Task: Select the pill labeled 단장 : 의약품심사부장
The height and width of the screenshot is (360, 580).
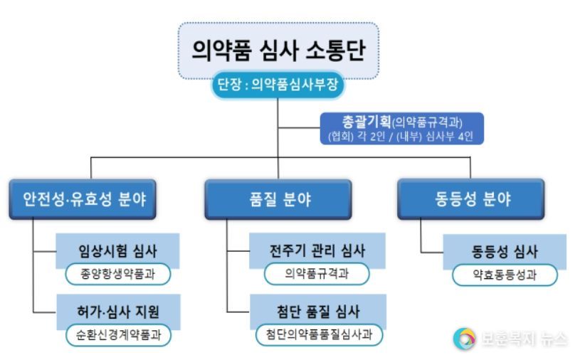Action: coord(278,85)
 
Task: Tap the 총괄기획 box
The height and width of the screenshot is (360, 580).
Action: coord(401,128)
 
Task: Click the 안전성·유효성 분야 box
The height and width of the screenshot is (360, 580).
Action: coord(83,199)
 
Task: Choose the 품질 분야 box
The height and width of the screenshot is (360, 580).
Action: coord(278,199)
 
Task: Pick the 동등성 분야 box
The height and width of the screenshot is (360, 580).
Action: coord(471,199)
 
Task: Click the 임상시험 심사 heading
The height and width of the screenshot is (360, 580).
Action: coord(117,251)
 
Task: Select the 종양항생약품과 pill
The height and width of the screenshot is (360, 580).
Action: coord(118,274)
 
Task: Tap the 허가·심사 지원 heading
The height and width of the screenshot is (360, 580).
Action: coord(118,312)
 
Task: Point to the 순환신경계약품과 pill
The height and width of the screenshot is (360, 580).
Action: coord(118,335)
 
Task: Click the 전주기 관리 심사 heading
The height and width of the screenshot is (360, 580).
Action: coord(317,250)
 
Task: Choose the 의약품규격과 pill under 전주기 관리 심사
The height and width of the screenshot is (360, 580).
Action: coord(317,274)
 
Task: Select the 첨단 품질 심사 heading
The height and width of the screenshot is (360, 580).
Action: coord(318,312)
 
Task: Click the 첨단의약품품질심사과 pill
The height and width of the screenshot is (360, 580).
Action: coord(320,334)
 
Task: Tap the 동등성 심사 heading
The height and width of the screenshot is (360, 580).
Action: coord(505,252)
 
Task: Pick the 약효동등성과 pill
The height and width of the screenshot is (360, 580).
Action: coord(505,275)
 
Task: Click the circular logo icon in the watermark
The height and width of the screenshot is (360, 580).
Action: coord(465,338)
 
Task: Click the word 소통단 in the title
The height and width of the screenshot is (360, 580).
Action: coord(335,50)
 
